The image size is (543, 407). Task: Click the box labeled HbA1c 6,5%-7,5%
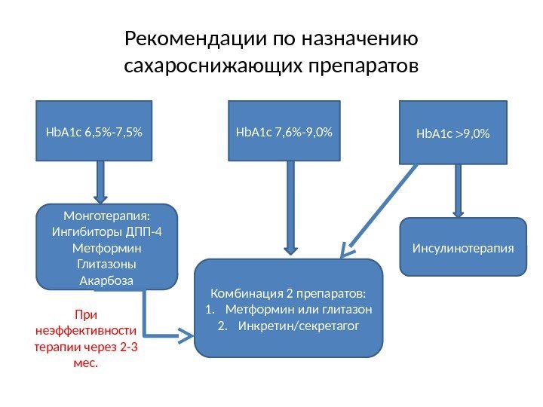[x=94, y=132]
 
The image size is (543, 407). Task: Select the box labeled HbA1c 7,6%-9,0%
[x=285, y=132]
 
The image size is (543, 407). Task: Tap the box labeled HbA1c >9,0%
[x=453, y=133]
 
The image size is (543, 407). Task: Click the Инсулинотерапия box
[x=462, y=247]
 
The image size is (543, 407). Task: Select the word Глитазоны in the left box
[x=107, y=265]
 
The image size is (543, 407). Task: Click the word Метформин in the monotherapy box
[x=107, y=248]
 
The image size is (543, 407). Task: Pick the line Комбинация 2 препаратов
[x=289, y=292]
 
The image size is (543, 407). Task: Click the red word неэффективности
[x=86, y=330]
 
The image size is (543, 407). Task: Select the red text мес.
[x=86, y=363]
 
